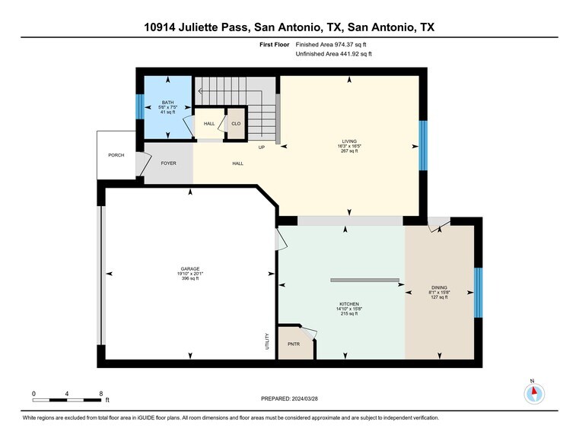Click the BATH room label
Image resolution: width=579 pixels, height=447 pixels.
168,103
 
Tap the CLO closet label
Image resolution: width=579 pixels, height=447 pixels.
236,123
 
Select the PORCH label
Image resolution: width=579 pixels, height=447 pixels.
116,155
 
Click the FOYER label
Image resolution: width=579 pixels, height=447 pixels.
168,163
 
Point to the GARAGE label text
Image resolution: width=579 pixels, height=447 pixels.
190,268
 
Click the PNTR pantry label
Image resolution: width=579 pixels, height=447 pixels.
294,344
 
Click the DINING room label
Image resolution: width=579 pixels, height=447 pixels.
439,287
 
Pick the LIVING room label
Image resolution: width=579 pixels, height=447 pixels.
349,141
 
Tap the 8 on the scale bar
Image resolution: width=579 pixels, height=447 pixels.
101,393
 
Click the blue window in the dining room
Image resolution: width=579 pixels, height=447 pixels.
478,293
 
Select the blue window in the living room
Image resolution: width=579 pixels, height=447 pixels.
423,146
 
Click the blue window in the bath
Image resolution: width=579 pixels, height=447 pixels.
139,106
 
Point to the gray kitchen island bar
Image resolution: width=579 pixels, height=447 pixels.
364,280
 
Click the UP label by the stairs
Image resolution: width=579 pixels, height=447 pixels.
261,147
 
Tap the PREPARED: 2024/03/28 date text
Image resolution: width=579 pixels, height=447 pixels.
289,398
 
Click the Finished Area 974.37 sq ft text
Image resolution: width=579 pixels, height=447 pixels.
337,45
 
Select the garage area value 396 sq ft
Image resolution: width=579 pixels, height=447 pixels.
190,279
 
